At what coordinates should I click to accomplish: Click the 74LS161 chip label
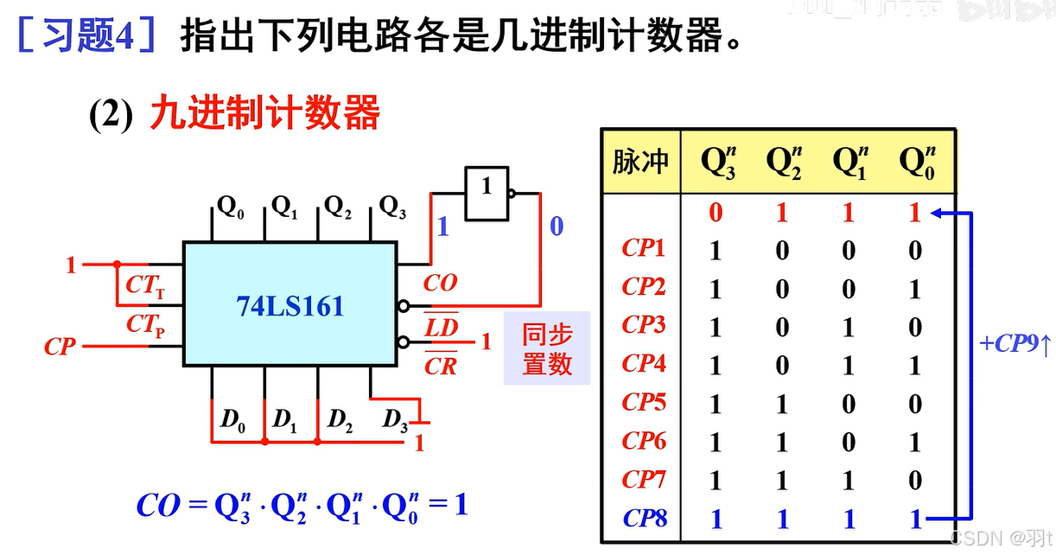pos(289,306)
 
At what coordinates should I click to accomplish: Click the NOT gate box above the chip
pos(486,192)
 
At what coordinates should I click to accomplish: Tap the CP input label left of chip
pos(60,348)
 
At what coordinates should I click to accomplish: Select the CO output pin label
pos(440,284)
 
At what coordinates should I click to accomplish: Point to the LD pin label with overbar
pos(441,327)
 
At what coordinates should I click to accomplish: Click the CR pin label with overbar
pos(440,366)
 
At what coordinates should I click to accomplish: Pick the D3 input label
pos(396,421)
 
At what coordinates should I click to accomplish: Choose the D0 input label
pos(232,421)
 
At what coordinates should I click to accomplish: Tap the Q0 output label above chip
pos(230,207)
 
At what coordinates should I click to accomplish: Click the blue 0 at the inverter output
pos(556,226)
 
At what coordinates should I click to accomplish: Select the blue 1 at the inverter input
pos(443,226)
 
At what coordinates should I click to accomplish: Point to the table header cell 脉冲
pos(640,162)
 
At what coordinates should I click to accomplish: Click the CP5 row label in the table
pos(644,403)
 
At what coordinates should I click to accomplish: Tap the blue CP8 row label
pos(645,519)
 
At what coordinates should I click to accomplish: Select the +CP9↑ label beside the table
pos(1015,344)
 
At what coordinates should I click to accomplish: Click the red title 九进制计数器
pos(264,113)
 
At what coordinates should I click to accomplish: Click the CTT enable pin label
pos(145,285)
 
